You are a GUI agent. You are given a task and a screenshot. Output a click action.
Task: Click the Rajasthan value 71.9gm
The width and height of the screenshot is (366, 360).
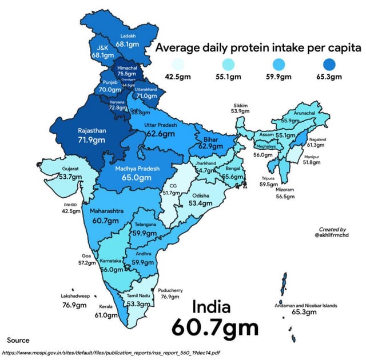[x=91, y=139]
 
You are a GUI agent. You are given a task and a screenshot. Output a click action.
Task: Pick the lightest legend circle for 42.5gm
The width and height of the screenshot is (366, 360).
[x=178, y=64]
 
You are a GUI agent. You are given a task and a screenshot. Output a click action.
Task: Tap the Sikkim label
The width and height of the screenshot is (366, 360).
[x=241, y=106]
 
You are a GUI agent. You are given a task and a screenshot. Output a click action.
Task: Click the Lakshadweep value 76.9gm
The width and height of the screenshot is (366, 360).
[x=75, y=306]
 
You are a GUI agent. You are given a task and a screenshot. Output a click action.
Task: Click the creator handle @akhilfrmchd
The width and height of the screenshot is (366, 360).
[x=332, y=235]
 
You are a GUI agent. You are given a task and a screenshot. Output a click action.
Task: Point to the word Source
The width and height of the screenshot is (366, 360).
[x=18, y=340]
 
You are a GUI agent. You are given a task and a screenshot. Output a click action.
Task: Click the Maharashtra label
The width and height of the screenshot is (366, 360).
[x=107, y=211]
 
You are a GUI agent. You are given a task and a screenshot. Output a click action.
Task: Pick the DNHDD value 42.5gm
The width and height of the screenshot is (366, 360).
[x=71, y=211]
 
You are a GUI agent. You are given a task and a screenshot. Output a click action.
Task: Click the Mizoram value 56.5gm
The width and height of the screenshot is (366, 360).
[x=285, y=197]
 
